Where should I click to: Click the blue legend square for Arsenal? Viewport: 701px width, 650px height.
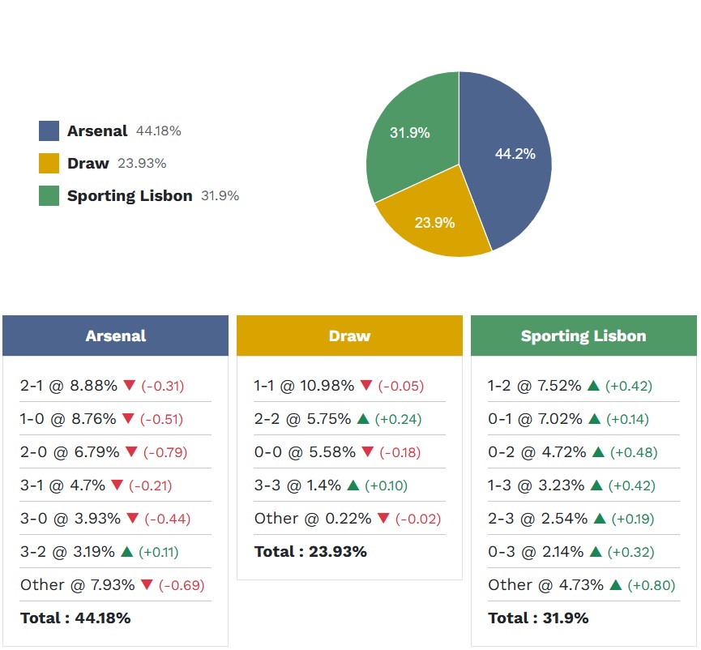click(x=49, y=131)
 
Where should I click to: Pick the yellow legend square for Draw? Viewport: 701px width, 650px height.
click(x=49, y=164)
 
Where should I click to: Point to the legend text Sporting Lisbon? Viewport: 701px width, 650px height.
click(x=130, y=196)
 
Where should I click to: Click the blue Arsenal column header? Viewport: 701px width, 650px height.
click(x=115, y=336)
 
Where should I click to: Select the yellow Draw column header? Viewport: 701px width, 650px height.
click(x=349, y=336)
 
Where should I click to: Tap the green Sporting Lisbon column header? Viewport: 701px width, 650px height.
click(x=583, y=336)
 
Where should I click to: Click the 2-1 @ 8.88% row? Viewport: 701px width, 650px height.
click(x=69, y=386)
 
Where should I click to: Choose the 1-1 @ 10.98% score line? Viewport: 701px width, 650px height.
click(x=304, y=386)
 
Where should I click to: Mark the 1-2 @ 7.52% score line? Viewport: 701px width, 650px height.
click(x=535, y=386)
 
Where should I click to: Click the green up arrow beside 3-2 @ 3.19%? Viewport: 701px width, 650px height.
click(x=126, y=552)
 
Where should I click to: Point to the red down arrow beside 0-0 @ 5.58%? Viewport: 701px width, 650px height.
click(x=366, y=452)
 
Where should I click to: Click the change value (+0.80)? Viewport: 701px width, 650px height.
click(x=652, y=585)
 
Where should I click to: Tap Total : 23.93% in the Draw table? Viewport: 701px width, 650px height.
click(x=310, y=552)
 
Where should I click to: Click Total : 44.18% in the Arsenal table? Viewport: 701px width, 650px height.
click(x=75, y=618)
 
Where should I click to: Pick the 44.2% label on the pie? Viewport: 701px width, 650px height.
click(x=515, y=154)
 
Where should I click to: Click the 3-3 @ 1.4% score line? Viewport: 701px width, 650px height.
click(x=297, y=485)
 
